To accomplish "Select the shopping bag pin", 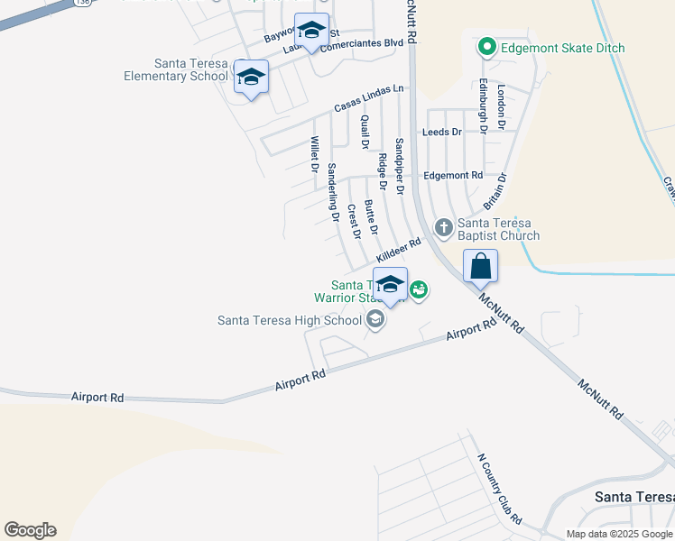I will point(481,267).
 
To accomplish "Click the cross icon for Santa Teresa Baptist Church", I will point(443,227).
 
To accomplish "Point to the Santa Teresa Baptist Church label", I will point(498,229).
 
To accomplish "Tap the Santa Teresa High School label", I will point(290,319).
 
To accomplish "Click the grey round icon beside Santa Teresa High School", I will point(375,318).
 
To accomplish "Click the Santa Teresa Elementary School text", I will point(177,69).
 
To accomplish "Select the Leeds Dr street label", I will point(442,132).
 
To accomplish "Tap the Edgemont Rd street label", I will point(453,175).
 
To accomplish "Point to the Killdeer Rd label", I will point(399,250).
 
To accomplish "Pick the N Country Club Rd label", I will point(499,487).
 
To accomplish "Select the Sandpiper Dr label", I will point(400,160).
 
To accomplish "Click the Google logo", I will point(30,530).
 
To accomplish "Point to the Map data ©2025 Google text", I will point(619,534).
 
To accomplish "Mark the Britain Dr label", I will point(496,192).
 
